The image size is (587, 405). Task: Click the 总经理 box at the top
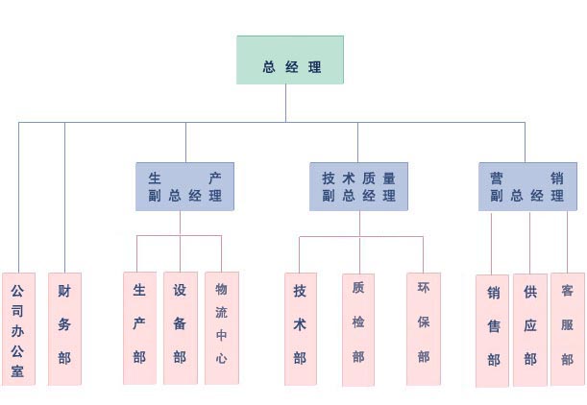[x=290, y=60]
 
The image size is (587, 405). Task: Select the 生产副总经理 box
[x=184, y=186]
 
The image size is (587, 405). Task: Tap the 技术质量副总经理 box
[x=358, y=186]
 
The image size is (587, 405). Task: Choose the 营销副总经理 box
[x=527, y=186]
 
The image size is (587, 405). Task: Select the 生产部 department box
[x=139, y=327]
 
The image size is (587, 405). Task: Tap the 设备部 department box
[x=180, y=327]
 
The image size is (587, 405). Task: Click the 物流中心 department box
[x=221, y=327]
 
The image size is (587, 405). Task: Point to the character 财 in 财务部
[x=64, y=291]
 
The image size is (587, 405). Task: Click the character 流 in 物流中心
[x=221, y=312]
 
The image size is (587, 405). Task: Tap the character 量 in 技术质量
[x=388, y=178]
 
